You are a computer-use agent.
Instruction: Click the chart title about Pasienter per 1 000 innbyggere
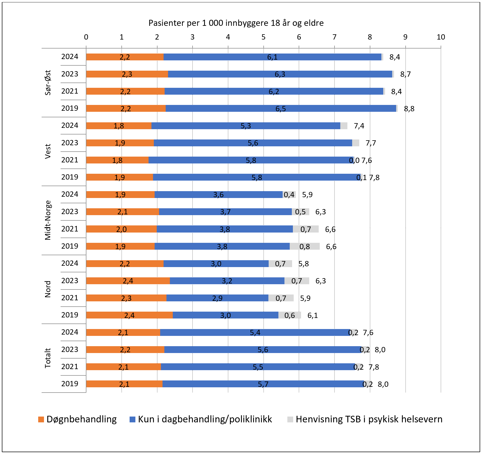pos(236,23)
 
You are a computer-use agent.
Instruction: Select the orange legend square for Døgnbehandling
pos(41,419)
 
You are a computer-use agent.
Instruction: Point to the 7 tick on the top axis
pos(334,37)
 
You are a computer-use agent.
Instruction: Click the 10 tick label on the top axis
pos(441,37)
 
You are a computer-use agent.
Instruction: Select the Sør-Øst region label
pos(48,83)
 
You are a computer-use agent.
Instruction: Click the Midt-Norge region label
pos(48,220)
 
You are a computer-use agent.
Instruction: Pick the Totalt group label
pos(48,358)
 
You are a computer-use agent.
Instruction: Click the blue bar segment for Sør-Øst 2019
pos(281,108)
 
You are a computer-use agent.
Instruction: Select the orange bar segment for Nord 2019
pos(129,315)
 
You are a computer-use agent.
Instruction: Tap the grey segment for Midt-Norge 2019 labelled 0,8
pos(304,246)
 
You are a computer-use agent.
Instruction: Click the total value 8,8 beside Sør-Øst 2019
pos(409,109)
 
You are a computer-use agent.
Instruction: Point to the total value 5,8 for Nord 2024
pos(303,264)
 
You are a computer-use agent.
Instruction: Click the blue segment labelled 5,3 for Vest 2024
pos(245,126)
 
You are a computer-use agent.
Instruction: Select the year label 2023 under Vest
pos(70,143)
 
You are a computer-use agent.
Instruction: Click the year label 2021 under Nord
pos(70,298)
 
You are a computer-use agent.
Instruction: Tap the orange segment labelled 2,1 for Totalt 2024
pos(123,332)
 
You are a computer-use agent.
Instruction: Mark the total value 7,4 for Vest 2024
pos(359,126)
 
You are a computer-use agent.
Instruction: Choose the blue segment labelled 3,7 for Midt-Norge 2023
pos(225,212)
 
